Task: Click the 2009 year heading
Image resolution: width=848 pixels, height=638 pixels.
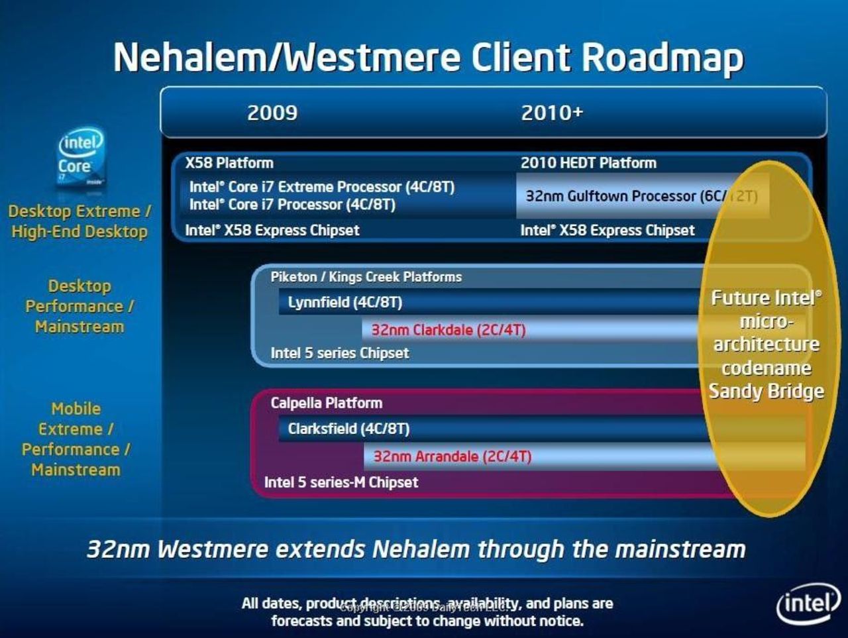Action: pos(272,113)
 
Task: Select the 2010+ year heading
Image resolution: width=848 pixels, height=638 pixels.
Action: pos(552,113)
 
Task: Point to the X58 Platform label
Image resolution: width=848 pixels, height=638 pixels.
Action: pos(229,163)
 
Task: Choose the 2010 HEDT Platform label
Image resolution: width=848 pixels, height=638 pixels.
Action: pos(588,163)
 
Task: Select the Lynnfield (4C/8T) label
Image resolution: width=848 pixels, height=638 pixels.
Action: pos(345,303)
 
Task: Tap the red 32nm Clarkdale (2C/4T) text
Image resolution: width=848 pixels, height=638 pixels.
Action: pos(449,330)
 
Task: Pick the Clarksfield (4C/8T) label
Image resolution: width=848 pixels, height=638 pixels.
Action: pos(348,429)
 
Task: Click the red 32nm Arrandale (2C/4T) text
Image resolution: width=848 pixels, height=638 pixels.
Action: pos(452,456)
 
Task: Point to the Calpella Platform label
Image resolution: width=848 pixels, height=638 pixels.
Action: pos(327,403)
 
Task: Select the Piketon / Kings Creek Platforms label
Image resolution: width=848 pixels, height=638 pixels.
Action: pos(366,277)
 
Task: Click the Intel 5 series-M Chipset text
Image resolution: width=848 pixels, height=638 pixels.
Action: pos(341,482)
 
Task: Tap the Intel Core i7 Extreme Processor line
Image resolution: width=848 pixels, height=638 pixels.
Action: pos(322,187)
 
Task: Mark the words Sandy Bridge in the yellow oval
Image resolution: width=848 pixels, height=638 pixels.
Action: pos(767,391)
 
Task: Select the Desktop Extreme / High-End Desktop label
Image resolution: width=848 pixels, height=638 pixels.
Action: pos(79,221)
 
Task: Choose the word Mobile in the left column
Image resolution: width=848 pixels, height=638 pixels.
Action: pos(76,409)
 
